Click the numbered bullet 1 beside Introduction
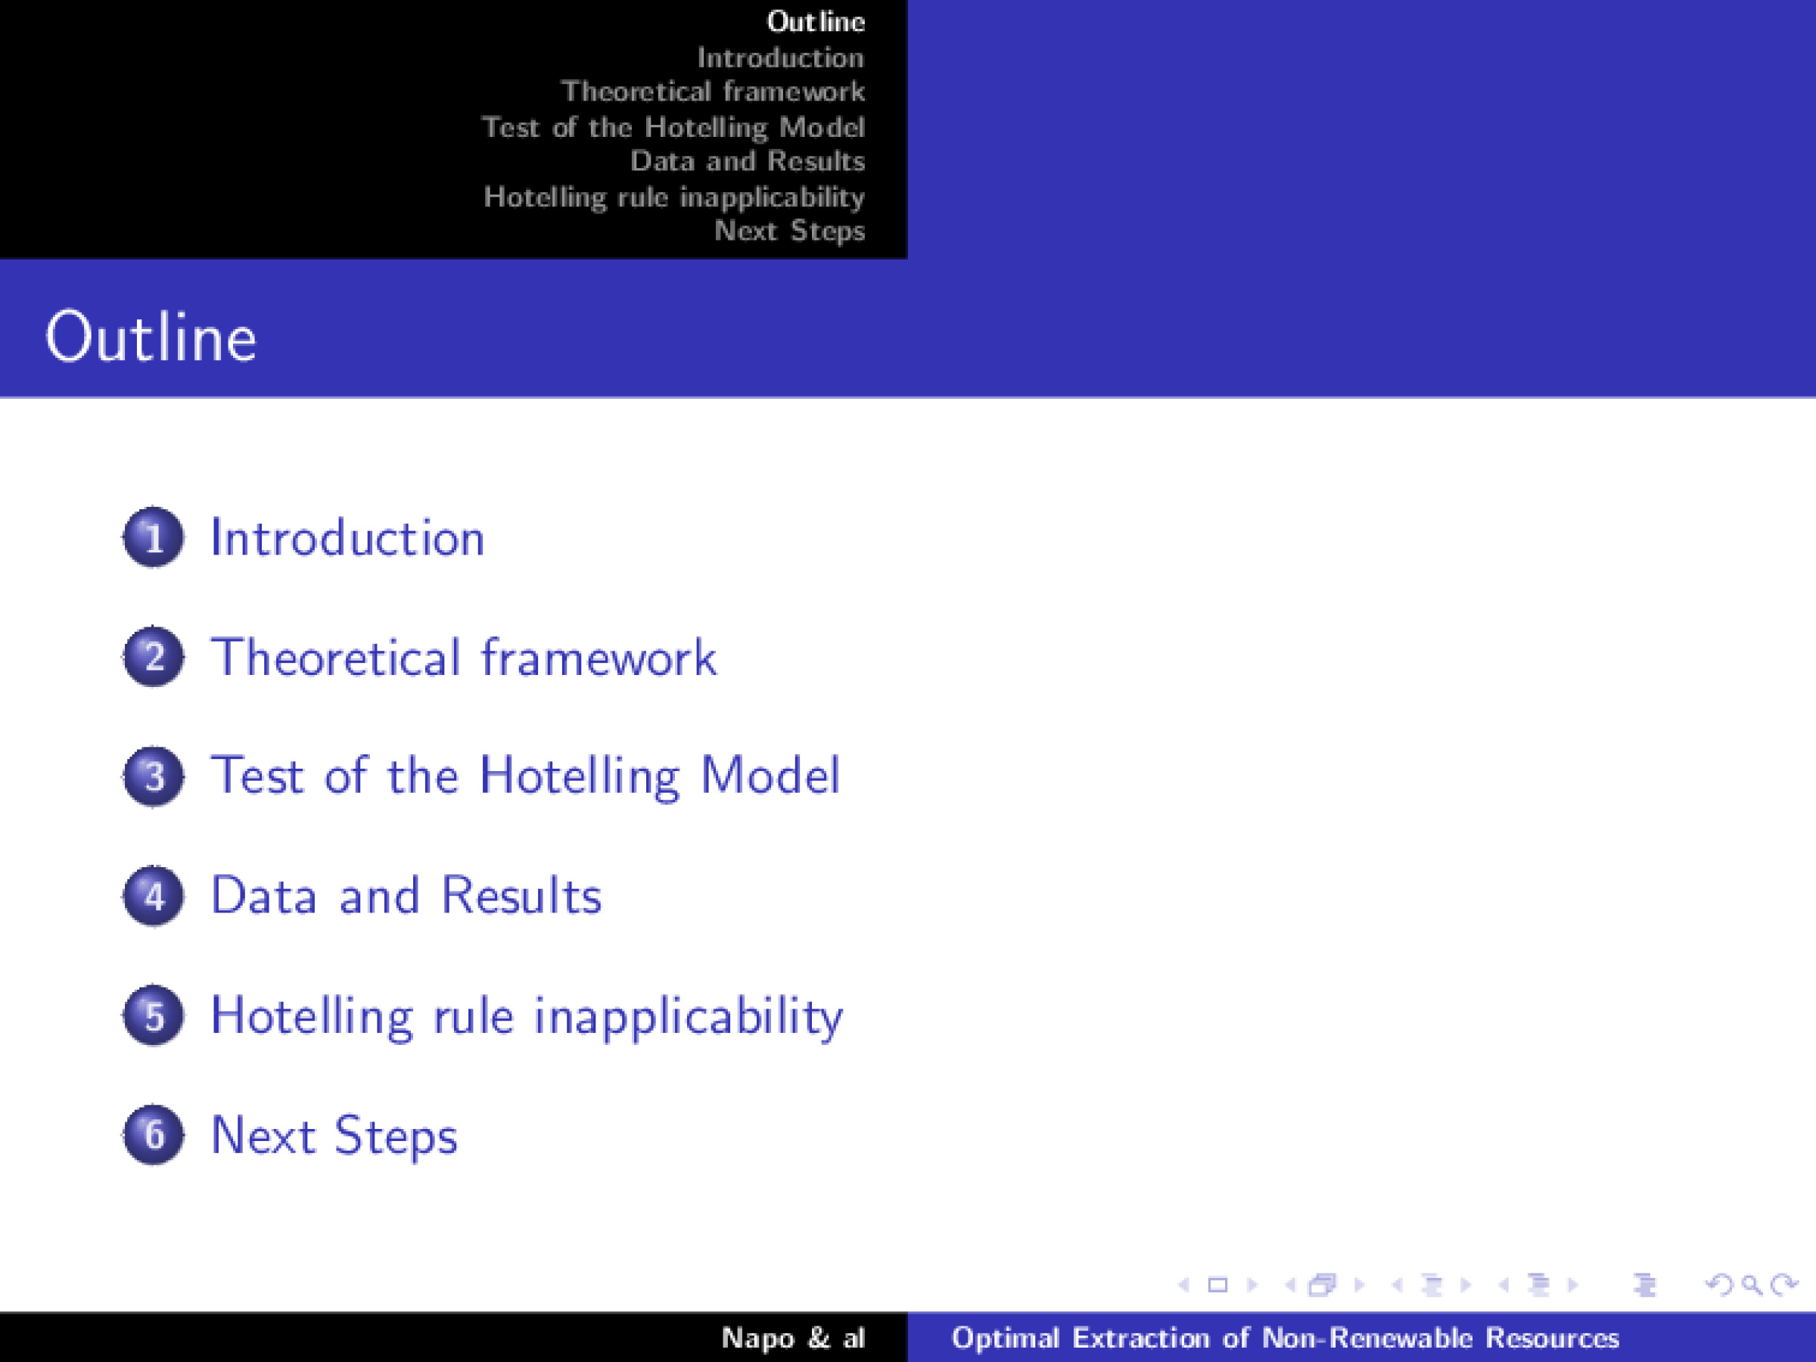click(154, 538)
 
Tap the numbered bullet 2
click(154, 657)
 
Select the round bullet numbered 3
click(154, 776)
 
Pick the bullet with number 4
click(154, 896)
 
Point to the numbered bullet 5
click(154, 1015)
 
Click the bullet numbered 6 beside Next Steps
click(154, 1134)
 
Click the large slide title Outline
click(151, 337)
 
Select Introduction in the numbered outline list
click(347, 539)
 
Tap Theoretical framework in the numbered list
click(464, 658)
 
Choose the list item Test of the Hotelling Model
click(525, 776)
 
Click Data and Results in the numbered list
click(406, 896)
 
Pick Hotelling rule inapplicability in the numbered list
click(526, 1016)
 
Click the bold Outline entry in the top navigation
click(815, 21)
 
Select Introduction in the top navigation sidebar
click(780, 58)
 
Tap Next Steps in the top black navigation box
click(789, 231)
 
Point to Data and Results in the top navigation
click(747, 161)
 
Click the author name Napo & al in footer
click(793, 1339)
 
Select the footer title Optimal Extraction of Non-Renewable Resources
click(1285, 1339)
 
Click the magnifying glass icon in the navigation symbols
click(1750, 1285)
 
